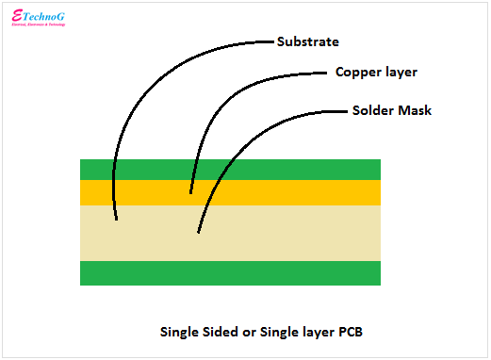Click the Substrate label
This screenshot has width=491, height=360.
308,41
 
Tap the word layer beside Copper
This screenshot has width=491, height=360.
401,72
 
